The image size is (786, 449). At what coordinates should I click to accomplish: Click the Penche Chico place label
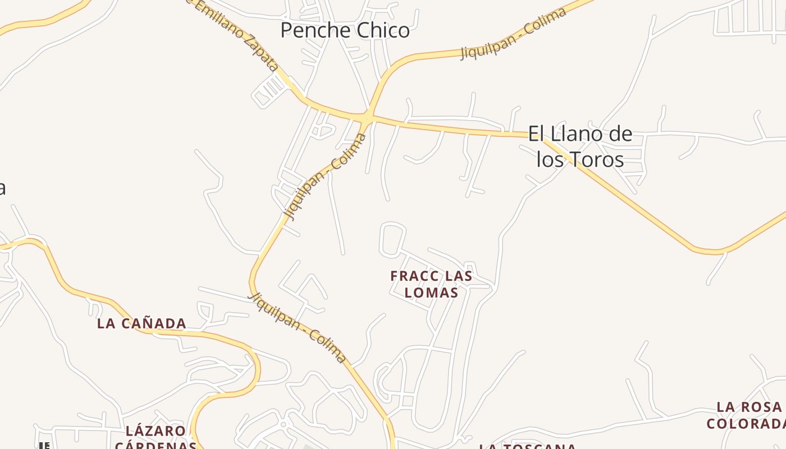pyautogui.click(x=345, y=30)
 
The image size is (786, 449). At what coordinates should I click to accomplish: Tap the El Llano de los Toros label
pyautogui.click(x=580, y=146)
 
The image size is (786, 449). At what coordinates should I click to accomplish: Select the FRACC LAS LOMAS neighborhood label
pyautogui.click(x=431, y=284)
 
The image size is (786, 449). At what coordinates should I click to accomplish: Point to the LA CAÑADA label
pyautogui.click(x=141, y=323)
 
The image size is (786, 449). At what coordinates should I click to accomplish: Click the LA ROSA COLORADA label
pyautogui.click(x=748, y=415)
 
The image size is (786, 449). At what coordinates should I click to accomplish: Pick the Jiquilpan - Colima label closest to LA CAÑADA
pyautogui.click(x=298, y=328)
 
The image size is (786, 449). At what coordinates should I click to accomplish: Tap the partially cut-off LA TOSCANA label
pyautogui.click(x=527, y=447)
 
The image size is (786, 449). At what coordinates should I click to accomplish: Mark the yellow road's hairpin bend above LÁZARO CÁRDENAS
pyautogui.click(x=255, y=368)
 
